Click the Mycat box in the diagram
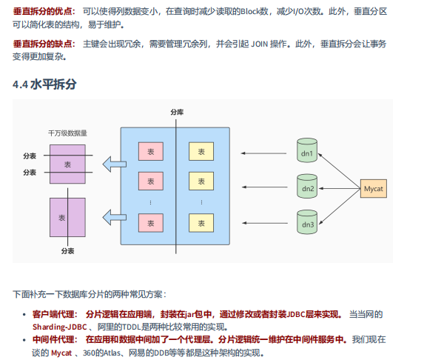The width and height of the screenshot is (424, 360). tap(374, 190)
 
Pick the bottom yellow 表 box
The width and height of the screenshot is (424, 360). tap(201, 221)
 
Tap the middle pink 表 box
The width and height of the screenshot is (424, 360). tap(151, 181)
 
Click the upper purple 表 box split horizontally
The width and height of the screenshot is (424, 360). tap(68, 164)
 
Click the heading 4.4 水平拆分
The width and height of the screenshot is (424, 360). tap(44, 84)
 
